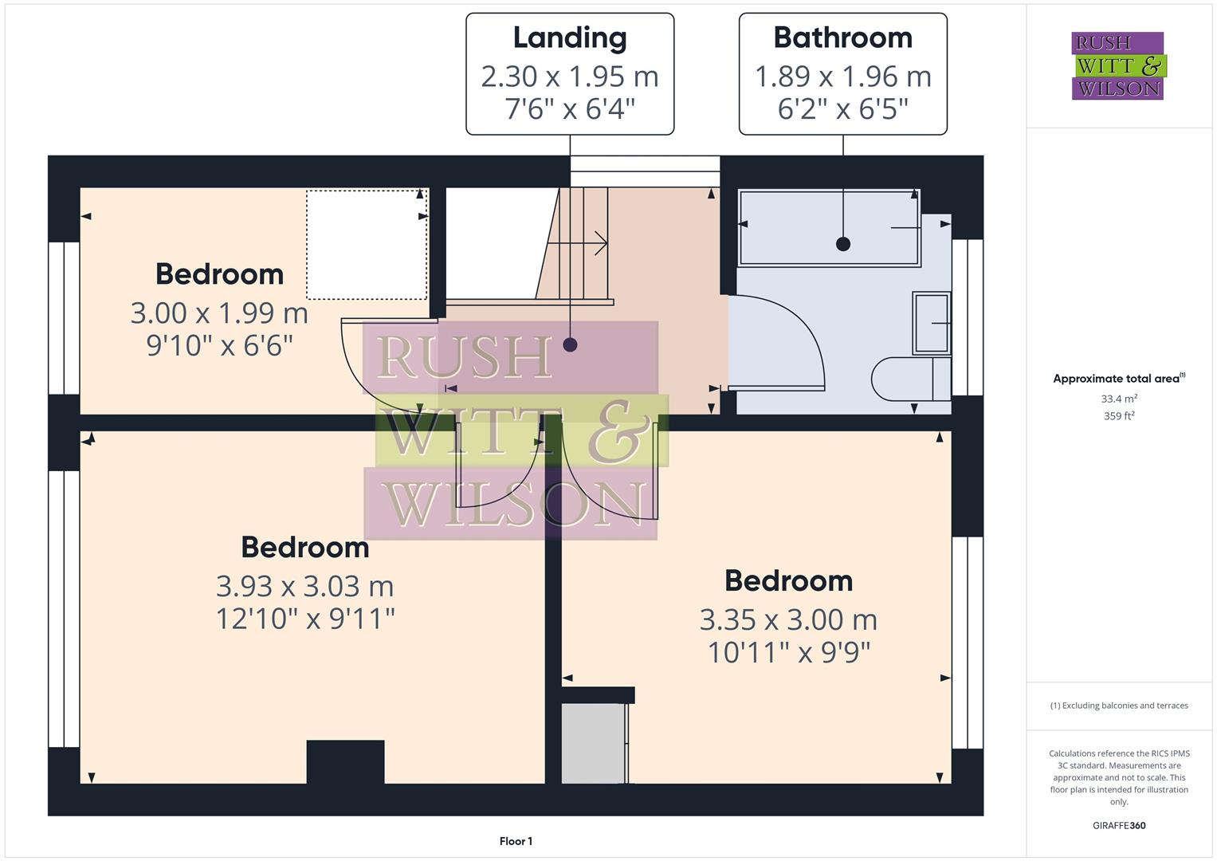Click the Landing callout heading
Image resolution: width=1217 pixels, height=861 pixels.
point(569,37)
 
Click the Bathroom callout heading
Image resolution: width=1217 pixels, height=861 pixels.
point(842,37)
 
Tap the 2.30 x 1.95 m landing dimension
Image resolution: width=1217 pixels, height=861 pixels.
point(569,77)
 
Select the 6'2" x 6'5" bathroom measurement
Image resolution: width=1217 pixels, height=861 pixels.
point(842,108)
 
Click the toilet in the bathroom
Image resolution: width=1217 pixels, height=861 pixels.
point(909,379)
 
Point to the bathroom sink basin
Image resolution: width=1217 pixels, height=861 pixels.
point(930,323)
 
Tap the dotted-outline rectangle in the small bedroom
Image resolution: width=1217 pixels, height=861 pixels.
point(367,245)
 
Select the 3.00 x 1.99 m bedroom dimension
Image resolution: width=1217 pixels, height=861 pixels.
point(219,313)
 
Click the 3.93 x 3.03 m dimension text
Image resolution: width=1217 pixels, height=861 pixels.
point(304,587)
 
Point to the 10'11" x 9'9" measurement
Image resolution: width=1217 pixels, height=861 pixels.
point(788,653)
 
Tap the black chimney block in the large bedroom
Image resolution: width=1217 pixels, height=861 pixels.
point(345,762)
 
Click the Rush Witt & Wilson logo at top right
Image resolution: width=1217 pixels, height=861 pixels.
point(1117,65)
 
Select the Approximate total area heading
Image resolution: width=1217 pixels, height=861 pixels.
point(1118,379)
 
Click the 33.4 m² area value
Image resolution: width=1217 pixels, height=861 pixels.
point(1118,399)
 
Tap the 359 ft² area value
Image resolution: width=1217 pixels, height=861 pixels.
point(1118,416)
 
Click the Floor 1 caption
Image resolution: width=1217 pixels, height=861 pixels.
point(516,841)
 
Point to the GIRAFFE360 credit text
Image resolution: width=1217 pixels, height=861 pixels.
point(1118,825)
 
